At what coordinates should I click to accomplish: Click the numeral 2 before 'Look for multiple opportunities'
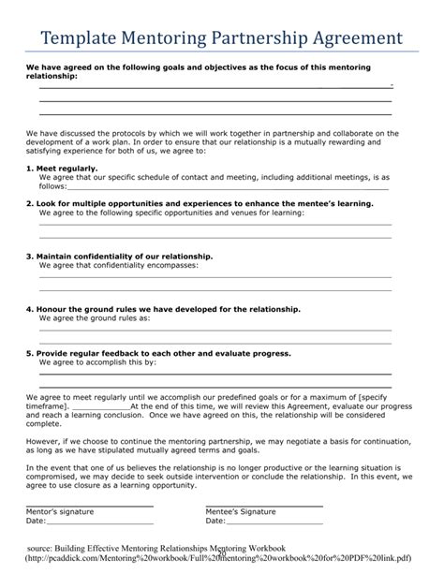(x=28, y=202)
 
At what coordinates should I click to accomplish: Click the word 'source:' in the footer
(x=59, y=548)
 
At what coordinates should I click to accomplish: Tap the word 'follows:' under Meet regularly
(x=53, y=185)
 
